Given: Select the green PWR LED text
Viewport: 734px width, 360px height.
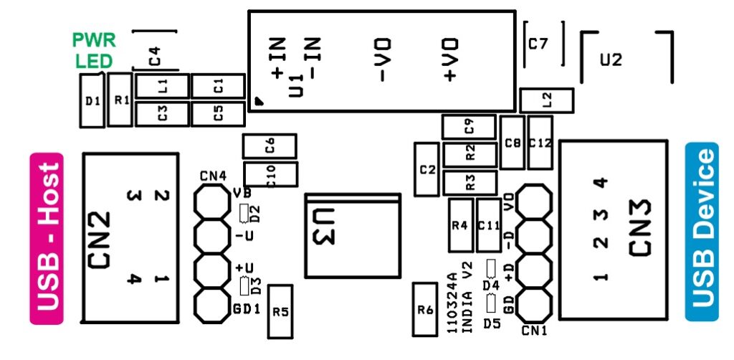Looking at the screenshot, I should pyautogui.click(x=94, y=50).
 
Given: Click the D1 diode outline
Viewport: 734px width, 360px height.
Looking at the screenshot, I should pyautogui.click(x=92, y=101).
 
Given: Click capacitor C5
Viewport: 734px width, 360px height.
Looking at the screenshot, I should pyautogui.click(x=219, y=113).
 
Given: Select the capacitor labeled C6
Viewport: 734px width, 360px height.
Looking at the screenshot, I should pyautogui.click(x=270, y=146).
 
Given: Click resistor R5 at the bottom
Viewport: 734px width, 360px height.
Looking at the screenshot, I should pyautogui.click(x=280, y=311).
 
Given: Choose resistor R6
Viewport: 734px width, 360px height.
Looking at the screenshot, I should pyautogui.click(x=426, y=310).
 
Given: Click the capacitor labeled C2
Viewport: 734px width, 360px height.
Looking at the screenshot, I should pyautogui.click(x=428, y=169).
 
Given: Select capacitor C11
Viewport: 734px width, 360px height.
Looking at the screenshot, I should pyautogui.click(x=489, y=224).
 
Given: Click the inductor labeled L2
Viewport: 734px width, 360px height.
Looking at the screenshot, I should pyautogui.click(x=547, y=100).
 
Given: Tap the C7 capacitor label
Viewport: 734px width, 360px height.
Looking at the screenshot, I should pyautogui.click(x=538, y=44).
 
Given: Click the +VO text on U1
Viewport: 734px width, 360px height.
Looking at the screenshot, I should pyautogui.click(x=450, y=60).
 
